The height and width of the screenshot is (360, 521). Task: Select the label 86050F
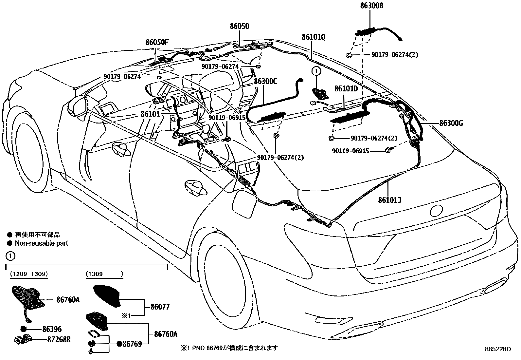[157, 42]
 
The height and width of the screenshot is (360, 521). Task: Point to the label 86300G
[451, 123]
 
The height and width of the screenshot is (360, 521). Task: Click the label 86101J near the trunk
[389, 199]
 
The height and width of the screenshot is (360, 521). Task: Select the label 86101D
[346, 89]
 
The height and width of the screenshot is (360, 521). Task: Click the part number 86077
[160, 307]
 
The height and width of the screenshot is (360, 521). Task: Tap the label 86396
[52, 329]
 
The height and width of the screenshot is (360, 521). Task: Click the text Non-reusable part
[41, 243]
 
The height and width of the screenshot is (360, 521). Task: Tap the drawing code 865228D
[498, 349]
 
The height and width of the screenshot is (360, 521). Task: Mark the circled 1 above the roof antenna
[317, 71]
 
